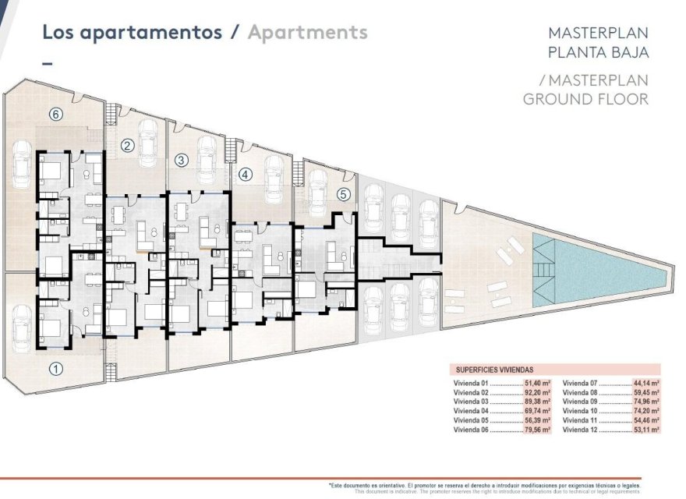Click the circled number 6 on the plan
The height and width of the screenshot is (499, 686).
coord(55,115)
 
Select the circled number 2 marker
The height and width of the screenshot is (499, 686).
coord(128,145)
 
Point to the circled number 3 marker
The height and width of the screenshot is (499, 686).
coord(181,160)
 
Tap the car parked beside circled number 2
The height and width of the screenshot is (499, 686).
coord(148,142)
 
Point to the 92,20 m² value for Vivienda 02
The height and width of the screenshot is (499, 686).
coord(538,393)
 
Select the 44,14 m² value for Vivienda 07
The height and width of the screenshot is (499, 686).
coord(645,384)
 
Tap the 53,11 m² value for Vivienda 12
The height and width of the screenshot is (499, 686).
coord(645,430)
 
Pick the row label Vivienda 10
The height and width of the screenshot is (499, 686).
coord(579,411)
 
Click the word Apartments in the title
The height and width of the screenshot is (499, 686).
coord(307,33)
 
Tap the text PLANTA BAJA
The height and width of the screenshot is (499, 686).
coord(598,53)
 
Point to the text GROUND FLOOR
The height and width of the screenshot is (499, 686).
coord(585,99)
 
